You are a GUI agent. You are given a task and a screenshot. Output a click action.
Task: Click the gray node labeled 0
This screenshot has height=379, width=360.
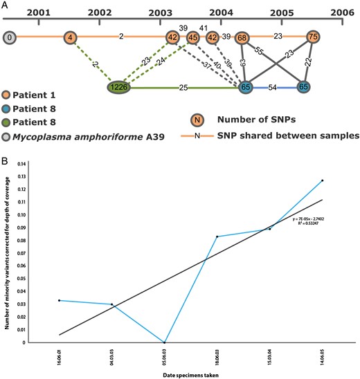point(10,37)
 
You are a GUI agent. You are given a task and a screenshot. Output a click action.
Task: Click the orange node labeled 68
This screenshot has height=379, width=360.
point(243,37)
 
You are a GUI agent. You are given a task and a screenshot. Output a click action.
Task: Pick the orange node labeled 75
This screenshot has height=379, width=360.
point(313,37)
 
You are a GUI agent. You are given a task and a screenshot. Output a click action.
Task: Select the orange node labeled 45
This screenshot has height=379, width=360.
point(193,37)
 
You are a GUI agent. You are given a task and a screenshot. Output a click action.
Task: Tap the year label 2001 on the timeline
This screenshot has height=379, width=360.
point(39,12)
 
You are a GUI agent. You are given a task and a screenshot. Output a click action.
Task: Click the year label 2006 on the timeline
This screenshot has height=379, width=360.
point(341,12)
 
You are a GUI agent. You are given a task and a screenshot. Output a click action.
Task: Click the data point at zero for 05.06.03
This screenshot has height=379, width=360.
point(164,342)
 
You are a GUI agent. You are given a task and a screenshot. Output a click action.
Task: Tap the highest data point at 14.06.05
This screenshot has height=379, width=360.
point(323,199)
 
